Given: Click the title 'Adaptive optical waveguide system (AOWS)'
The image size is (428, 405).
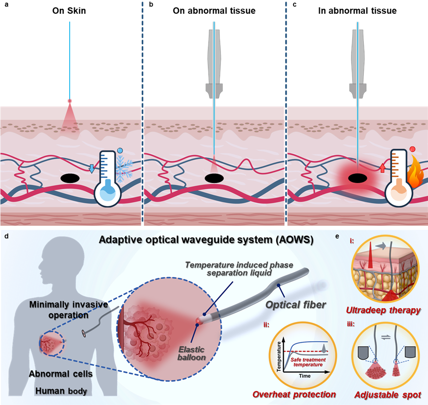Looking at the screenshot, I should (206, 240).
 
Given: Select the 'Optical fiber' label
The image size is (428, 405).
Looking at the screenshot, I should (296, 304).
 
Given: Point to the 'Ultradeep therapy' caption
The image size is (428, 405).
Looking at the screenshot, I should (384, 311).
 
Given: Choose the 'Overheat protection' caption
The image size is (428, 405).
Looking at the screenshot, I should (294, 394).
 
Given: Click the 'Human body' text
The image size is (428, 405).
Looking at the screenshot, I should (61, 391).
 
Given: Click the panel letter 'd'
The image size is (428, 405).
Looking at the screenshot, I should (6, 236).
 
